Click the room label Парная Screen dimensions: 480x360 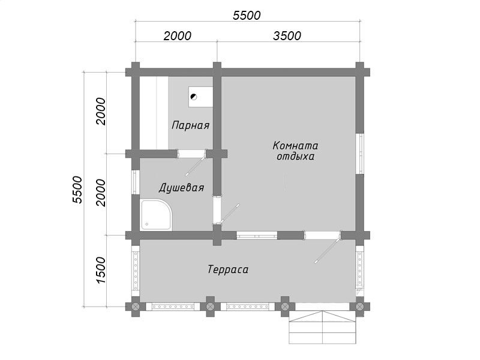(190, 125)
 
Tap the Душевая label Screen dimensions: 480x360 (181, 188)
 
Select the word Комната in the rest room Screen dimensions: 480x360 (295, 145)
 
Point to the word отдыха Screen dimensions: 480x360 (295, 157)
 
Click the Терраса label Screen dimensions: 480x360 (228, 269)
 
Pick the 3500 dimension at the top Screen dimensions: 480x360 (287, 36)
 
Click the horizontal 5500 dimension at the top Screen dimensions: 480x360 (247, 16)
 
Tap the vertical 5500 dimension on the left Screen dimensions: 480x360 (77, 190)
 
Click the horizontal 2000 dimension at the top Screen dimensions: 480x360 (178, 36)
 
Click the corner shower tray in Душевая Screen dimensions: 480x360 (156, 215)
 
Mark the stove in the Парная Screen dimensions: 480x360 (200, 97)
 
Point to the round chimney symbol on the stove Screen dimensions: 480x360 (193, 97)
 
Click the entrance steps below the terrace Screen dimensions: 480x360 (323, 327)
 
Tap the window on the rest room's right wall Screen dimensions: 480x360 (361, 154)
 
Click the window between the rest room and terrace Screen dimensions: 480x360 (257, 235)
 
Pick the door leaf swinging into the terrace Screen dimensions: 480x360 (327, 251)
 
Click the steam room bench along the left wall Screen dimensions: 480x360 (154, 113)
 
